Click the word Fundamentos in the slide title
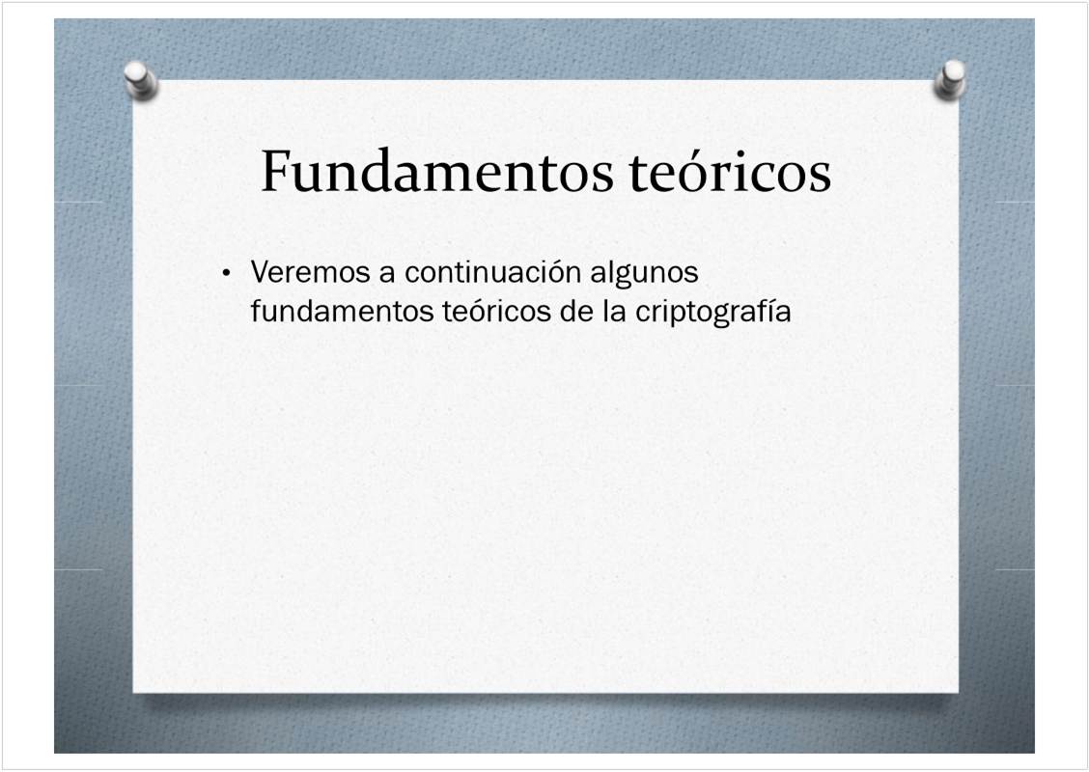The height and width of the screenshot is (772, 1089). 436,171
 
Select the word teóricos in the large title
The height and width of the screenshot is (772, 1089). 730,171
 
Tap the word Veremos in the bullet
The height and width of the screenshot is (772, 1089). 311,272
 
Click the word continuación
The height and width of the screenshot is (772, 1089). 493,272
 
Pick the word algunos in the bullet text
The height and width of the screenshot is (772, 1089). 645,274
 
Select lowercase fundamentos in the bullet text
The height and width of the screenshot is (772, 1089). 342,311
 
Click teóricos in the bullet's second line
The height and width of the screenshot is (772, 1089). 496,311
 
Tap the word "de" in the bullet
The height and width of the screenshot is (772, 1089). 576,311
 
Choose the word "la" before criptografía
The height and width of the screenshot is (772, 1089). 615,311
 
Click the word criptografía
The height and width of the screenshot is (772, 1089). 713,313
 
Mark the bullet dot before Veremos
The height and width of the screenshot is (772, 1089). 226,273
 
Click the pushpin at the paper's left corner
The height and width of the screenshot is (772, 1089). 141,80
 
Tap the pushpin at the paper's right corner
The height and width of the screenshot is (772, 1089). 950,79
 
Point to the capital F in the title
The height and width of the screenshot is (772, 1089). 275,171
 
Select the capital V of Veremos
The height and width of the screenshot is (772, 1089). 260,272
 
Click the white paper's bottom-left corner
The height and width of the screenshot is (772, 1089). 133,692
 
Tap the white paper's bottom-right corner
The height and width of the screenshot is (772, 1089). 959,692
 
